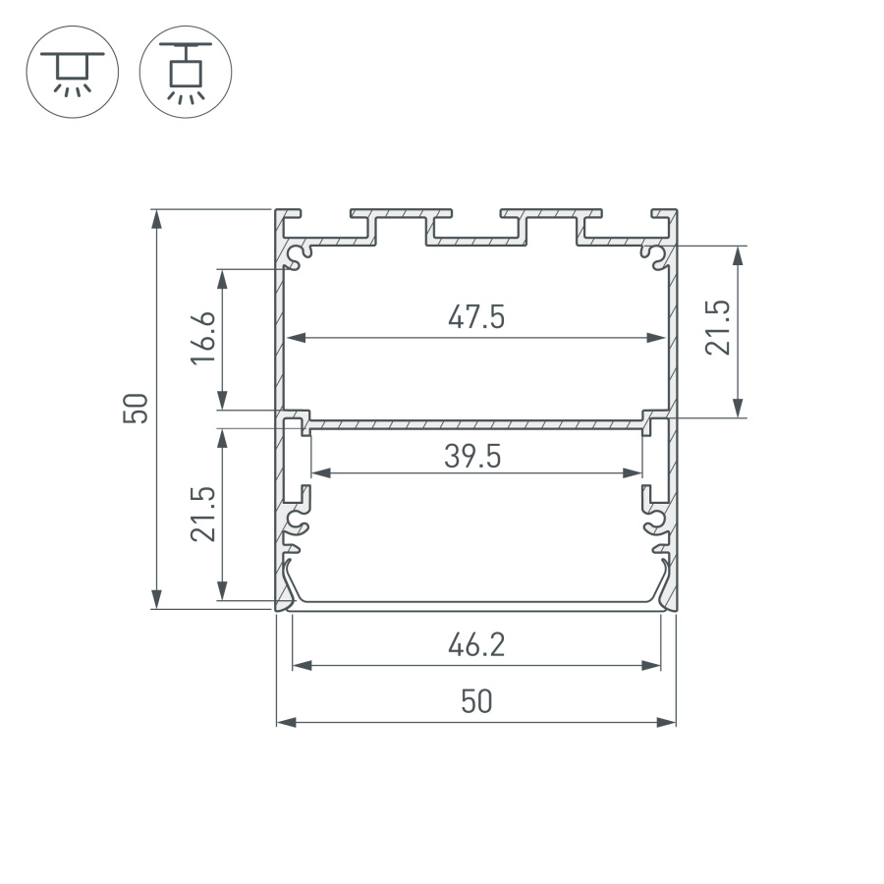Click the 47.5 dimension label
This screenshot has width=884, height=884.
(476, 317)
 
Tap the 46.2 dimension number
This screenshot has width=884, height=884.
(476, 645)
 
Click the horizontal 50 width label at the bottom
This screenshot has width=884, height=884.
(476, 702)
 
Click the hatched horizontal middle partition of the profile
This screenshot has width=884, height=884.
(476, 424)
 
